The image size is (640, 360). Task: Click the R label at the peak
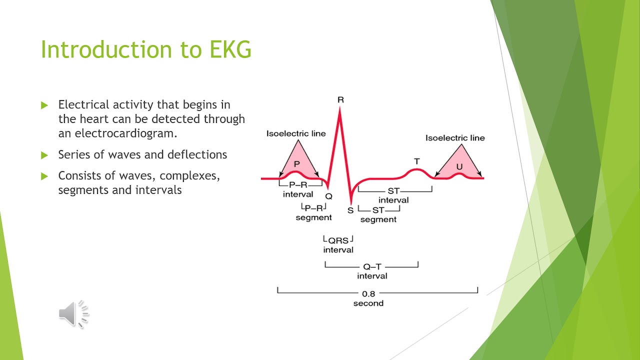pyautogui.click(x=340, y=100)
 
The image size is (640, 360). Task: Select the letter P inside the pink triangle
pyautogui.click(x=297, y=163)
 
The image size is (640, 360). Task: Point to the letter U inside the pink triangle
pyautogui.click(x=459, y=166)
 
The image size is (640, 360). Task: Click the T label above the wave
pyautogui.click(x=416, y=161)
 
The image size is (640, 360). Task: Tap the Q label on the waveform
pyautogui.click(x=328, y=197)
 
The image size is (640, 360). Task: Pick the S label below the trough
pyautogui.click(x=350, y=210)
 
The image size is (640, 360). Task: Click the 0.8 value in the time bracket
pyautogui.click(x=368, y=294)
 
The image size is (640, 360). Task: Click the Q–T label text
pyautogui.click(x=372, y=267)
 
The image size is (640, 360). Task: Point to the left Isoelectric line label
pyautogui.click(x=295, y=133)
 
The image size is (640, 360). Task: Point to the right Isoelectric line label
pyautogui.click(x=455, y=138)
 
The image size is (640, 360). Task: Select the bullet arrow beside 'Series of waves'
pyautogui.click(x=44, y=155)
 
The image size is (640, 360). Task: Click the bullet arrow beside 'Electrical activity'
pyautogui.click(x=44, y=105)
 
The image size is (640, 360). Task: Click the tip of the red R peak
pyautogui.click(x=340, y=109)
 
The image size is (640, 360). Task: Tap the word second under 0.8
pyautogui.click(x=368, y=303)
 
